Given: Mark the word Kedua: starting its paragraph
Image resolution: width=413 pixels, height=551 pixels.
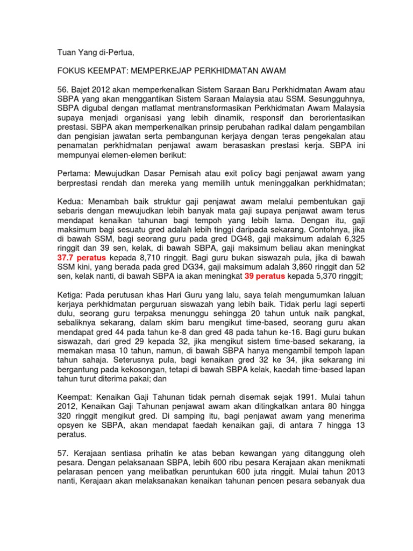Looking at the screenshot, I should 71,202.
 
